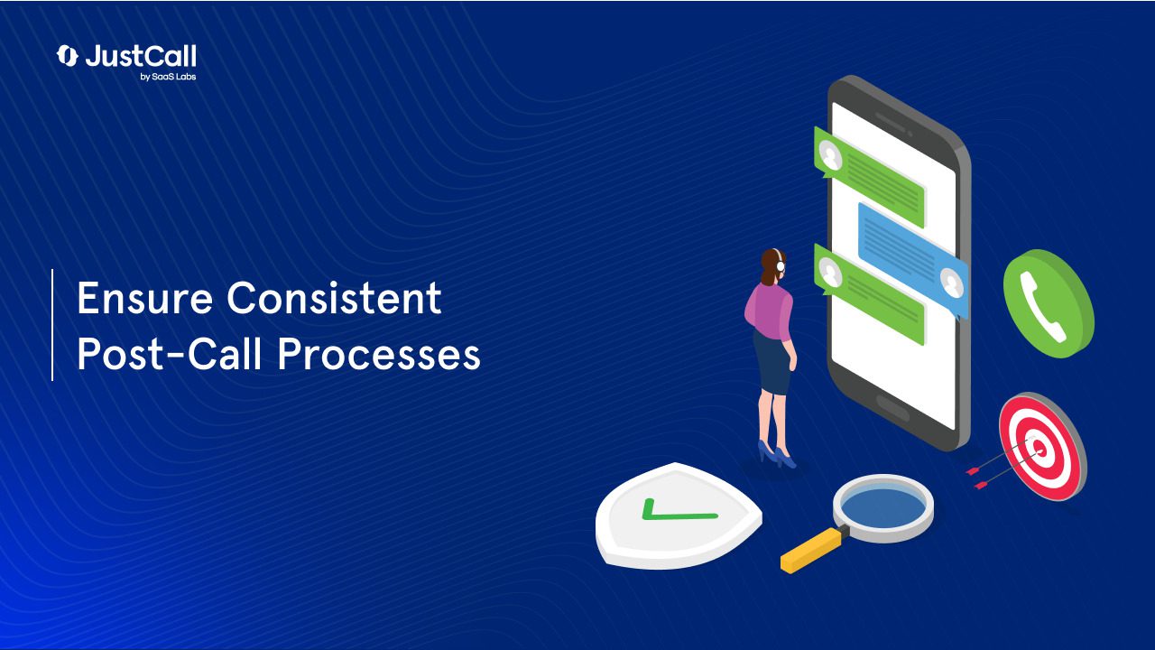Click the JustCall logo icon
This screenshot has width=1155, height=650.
tap(68, 56)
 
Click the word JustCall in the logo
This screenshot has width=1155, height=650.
tap(141, 56)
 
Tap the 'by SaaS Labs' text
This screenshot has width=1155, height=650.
tap(169, 77)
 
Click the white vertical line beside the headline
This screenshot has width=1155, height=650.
tap(52, 324)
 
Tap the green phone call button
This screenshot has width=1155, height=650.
tap(1048, 303)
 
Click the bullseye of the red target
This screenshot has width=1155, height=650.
tap(1039, 445)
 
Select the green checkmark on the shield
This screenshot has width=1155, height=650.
tap(678, 512)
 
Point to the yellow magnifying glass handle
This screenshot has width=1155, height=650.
tap(810, 551)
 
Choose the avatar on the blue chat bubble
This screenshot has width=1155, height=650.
tap(951, 285)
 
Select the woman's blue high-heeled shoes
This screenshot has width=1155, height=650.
tap(777, 455)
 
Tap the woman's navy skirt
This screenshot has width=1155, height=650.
tap(774, 361)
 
